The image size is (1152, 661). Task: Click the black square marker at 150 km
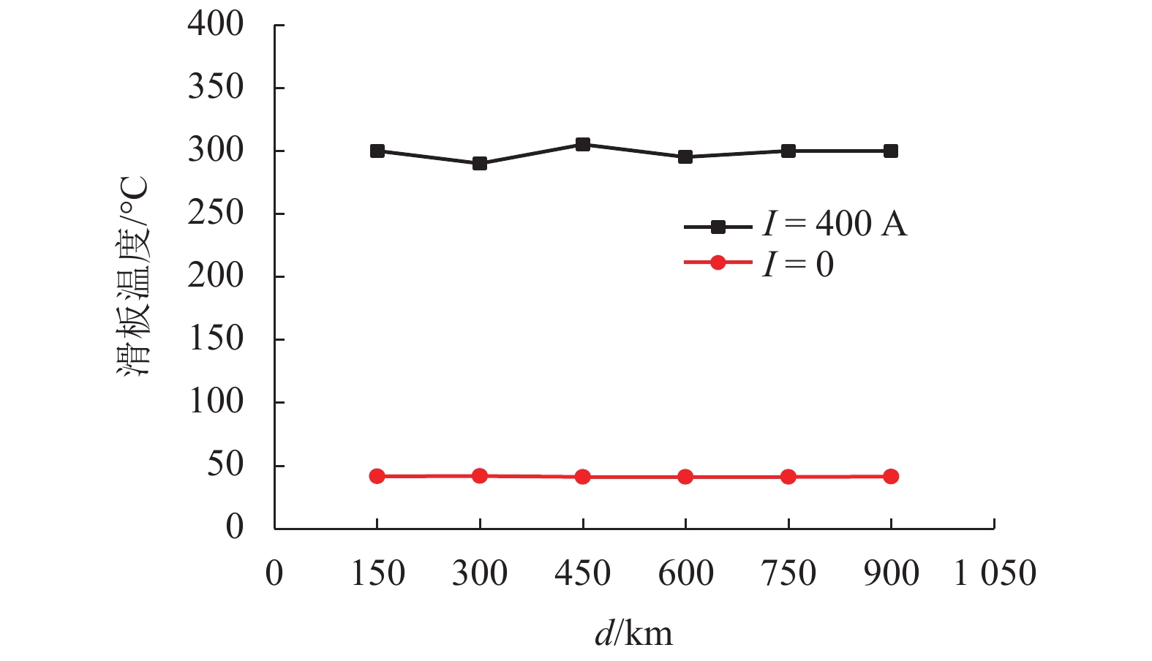[x=377, y=151]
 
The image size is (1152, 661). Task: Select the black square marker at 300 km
[x=480, y=163]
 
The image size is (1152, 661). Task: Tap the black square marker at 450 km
[x=583, y=145]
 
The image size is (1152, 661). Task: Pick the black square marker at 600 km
[x=685, y=156]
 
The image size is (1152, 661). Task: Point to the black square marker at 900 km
[x=891, y=151]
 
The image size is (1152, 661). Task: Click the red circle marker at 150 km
[x=377, y=477]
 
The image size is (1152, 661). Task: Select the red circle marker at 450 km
[x=583, y=477]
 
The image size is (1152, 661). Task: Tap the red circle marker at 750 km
[x=788, y=477]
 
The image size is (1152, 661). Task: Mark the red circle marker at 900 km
[x=891, y=477]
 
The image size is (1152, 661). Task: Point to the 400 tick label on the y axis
[x=215, y=24]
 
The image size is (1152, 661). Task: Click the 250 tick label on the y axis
[x=215, y=213]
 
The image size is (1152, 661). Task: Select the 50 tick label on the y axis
[x=225, y=464]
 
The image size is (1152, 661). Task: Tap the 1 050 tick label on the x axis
[x=995, y=573]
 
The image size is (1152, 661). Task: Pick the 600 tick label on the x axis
[x=685, y=573]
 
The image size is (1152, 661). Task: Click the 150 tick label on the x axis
[x=377, y=573]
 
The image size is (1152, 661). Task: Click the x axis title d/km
[x=633, y=633]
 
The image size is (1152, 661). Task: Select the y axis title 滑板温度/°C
[x=134, y=276]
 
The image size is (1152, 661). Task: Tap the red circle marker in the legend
[x=718, y=262]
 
